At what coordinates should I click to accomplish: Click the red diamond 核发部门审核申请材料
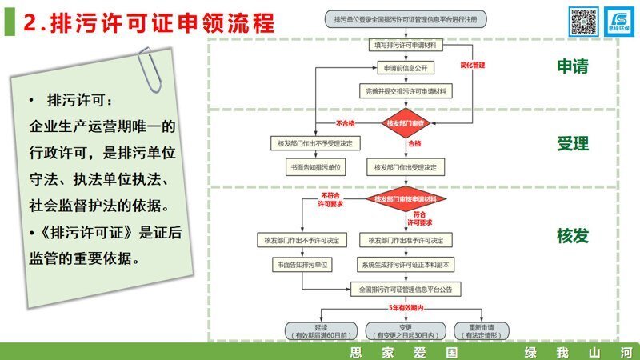[406, 198]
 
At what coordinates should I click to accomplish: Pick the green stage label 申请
[573, 67]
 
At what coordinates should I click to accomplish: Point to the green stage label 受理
[573, 144]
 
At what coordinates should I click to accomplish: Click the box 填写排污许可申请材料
[407, 46]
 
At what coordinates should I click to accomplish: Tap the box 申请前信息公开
[407, 68]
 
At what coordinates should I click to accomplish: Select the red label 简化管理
[473, 63]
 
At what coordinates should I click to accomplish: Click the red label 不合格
[346, 123]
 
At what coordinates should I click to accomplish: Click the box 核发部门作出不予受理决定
[317, 144]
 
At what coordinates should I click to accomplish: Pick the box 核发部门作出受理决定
[407, 167]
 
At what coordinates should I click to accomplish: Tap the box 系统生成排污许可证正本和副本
[406, 263]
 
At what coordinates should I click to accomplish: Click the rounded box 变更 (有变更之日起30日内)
[406, 330]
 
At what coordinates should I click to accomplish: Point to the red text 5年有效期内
[406, 307]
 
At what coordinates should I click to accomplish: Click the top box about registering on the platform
[406, 18]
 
